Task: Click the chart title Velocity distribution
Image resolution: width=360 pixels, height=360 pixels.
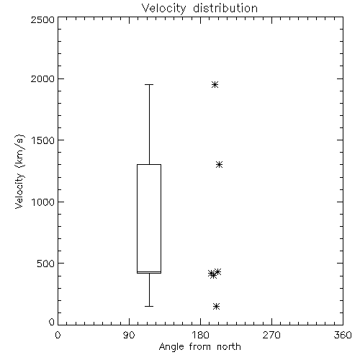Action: pyautogui.click(x=199, y=9)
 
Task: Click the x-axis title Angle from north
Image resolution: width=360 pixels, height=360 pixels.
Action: pyautogui.click(x=199, y=347)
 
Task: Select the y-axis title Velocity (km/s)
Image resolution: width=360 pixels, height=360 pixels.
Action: pyautogui.click(x=19, y=171)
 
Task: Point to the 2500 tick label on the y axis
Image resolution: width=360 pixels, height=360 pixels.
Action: pyautogui.click(x=42, y=19)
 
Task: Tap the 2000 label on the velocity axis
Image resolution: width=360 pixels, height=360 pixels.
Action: pyautogui.click(x=42, y=78)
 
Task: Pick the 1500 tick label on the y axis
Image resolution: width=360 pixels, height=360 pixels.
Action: pyautogui.click(x=43, y=140)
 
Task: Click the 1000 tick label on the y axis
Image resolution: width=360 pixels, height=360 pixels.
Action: pyautogui.click(x=43, y=202)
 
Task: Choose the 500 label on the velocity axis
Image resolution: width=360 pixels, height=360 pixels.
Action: pyautogui.click(x=46, y=264)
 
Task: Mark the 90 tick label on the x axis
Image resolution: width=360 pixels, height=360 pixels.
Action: pyautogui.click(x=129, y=335)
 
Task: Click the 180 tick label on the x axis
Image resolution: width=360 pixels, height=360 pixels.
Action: pyautogui.click(x=200, y=335)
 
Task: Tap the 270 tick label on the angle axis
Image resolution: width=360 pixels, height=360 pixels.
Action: pyautogui.click(x=271, y=335)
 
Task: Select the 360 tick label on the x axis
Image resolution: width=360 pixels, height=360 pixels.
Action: pyautogui.click(x=343, y=335)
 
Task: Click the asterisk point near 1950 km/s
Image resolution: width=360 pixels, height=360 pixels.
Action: pyautogui.click(x=215, y=84)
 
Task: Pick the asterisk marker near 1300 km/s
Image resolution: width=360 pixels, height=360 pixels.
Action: pyautogui.click(x=219, y=164)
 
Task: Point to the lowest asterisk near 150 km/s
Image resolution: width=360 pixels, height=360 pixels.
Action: pyautogui.click(x=216, y=306)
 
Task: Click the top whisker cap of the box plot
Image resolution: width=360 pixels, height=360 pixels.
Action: pyautogui.click(x=149, y=84)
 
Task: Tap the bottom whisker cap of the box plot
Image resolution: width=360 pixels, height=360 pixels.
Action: pyautogui.click(x=149, y=306)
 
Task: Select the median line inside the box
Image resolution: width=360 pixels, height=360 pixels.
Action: pyautogui.click(x=149, y=271)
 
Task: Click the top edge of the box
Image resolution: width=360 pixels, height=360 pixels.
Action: pyautogui.click(x=149, y=164)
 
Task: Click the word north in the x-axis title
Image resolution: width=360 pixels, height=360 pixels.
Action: pyautogui.click(x=229, y=347)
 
